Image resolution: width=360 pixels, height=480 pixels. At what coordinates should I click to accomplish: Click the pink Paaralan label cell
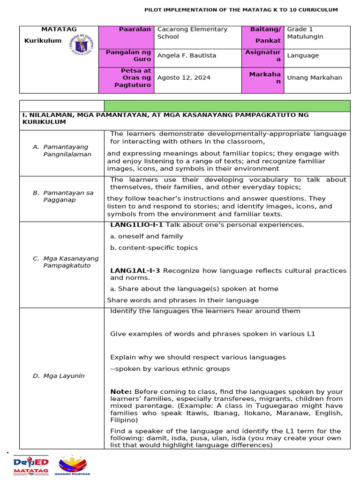pos(126,37)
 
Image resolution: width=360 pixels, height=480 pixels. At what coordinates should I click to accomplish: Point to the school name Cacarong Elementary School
pos(192,33)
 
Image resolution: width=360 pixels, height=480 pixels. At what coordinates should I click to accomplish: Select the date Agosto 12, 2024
pos(184,78)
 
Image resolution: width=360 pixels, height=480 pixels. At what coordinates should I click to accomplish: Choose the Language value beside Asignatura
pos(303,55)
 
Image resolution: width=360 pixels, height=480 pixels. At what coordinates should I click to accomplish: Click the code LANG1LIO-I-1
pos(136,225)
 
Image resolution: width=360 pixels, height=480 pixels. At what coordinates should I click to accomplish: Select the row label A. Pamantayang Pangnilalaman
pos(66,150)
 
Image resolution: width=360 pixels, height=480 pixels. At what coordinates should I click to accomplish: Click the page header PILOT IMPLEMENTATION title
pos(240,10)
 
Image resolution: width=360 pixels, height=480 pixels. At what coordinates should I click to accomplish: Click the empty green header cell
pos(227,106)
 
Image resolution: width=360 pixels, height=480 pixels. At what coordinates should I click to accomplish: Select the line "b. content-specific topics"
pos(154,247)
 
